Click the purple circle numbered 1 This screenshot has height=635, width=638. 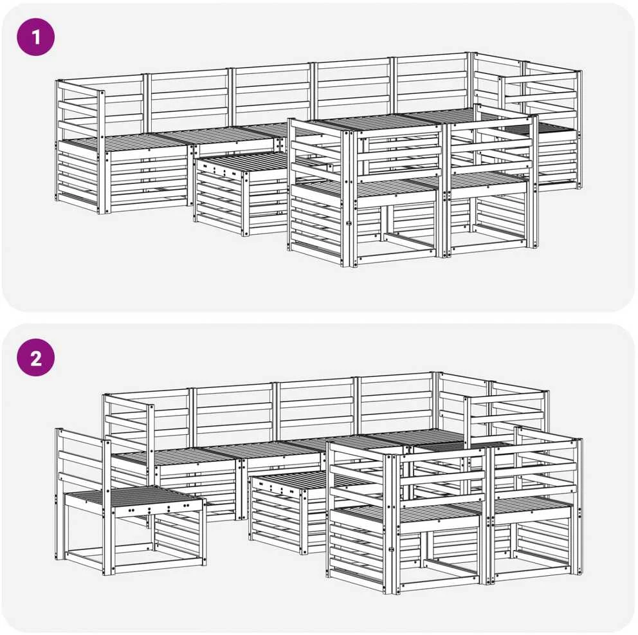(35, 37)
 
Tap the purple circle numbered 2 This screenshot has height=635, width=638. (35, 358)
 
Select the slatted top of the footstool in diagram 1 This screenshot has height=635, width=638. (244, 161)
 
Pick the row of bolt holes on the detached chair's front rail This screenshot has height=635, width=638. (159, 508)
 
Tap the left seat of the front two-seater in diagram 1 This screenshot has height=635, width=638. (366, 188)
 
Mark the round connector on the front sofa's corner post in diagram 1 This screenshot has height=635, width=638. (349, 223)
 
